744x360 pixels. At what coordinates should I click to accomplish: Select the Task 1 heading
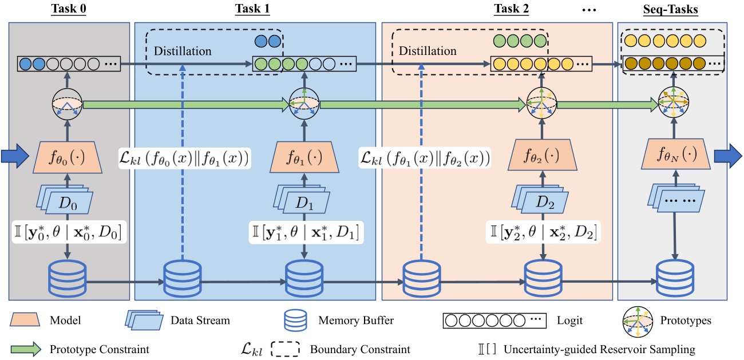(255, 10)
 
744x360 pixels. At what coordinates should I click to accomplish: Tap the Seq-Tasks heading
(672, 10)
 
